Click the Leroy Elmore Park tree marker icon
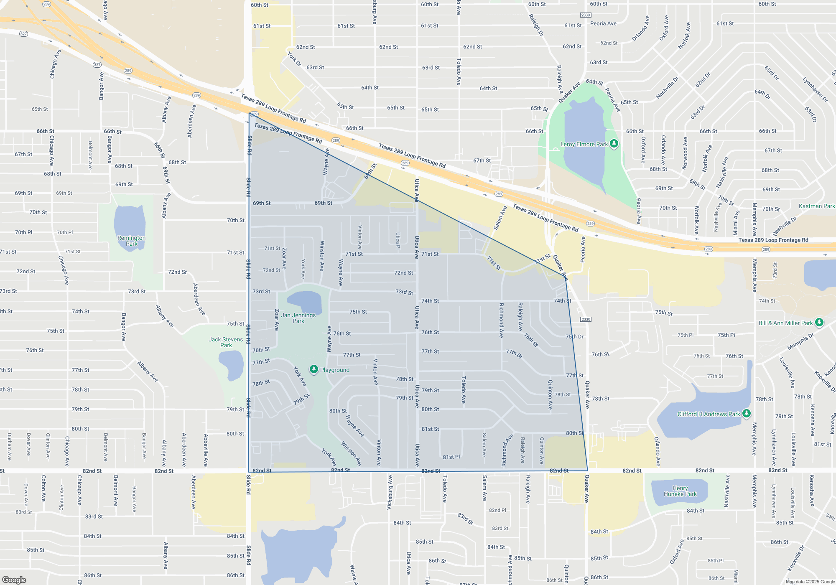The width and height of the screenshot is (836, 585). click(614, 144)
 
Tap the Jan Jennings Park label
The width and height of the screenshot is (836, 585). click(298, 318)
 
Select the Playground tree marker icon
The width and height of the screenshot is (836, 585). click(314, 369)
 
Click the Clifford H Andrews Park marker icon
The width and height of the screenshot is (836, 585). click(747, 414)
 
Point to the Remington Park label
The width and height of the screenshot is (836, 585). click(132, 241)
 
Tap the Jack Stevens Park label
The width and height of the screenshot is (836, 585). click(226, 342)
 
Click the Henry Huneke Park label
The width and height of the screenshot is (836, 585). click(680, 491)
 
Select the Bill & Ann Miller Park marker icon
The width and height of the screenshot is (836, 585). click(819, 323)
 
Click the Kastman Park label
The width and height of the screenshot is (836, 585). click(816, 206)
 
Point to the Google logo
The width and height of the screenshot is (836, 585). click(14, 580)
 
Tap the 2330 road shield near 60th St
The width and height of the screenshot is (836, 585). click(586, 15)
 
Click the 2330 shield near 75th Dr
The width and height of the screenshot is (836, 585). click(586, 319)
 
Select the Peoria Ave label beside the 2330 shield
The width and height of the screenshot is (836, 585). click(603, 23)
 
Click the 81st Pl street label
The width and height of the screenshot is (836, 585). click(451, 457)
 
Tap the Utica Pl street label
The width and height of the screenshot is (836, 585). click(398, 241)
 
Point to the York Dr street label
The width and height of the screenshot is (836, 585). click(294, 59)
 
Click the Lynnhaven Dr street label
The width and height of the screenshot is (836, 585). click(815, 89)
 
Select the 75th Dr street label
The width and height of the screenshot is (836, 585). click(575, 336)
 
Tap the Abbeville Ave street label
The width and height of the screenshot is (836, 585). click(206, 450)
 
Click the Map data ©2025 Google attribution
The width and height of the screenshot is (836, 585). click(810, 582)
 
